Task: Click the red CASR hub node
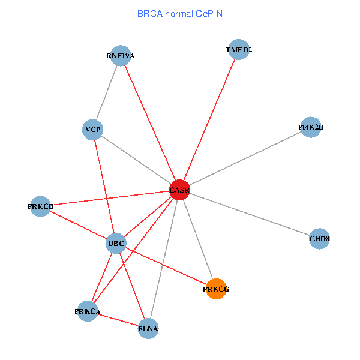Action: (179, 190)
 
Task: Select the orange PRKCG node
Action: (216, 289)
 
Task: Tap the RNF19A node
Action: (121, 56)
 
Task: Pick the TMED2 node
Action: (239, 50)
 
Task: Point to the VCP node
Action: (92, 130)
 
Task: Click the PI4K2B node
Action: (310, 127)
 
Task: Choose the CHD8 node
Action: (319, 239)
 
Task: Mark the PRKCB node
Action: (40, 206)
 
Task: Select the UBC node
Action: (116, 244)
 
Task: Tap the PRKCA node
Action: (88, 311)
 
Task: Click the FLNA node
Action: (148, 328)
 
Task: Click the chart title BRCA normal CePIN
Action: (180, 13)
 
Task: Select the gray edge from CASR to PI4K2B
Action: (246, 158)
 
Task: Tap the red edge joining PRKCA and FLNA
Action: (118, 320)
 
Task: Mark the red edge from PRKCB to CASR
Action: (108, 198)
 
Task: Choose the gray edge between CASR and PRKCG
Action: (198, 240)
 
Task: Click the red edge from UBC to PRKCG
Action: (167, 266)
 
